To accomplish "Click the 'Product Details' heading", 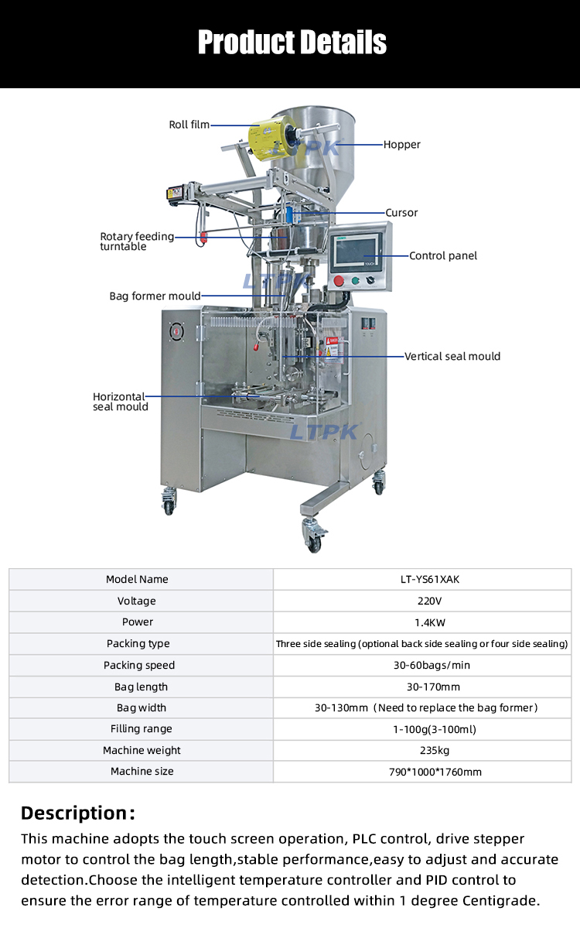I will pos(292,42).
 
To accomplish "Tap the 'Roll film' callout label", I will pos(189,125).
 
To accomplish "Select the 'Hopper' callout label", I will pos(402,145).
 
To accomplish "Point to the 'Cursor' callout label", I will pos(402,213).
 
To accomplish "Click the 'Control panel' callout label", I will pos(443,256).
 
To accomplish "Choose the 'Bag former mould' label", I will pos(155,296).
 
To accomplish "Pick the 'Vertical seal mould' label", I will pos(452,357).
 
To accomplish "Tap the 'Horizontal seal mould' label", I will pos(120,402).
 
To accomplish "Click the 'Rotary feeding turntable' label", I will pos(137,241).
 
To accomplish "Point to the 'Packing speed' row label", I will pos(139,666).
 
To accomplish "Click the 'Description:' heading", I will pos(78,813).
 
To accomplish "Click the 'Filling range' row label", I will pos(142,729).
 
